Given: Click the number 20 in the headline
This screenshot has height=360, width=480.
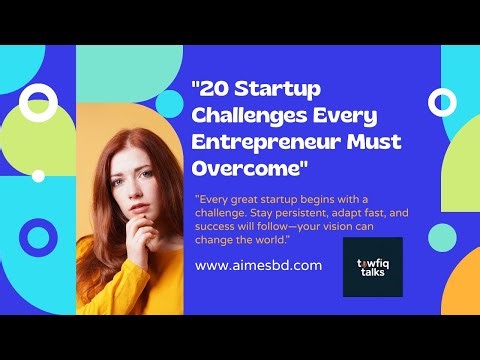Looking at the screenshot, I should click(x=215, y=89).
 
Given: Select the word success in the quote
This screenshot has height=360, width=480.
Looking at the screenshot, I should click(x=218, y=227).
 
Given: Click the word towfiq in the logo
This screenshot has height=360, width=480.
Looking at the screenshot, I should click(x=372, y=260).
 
